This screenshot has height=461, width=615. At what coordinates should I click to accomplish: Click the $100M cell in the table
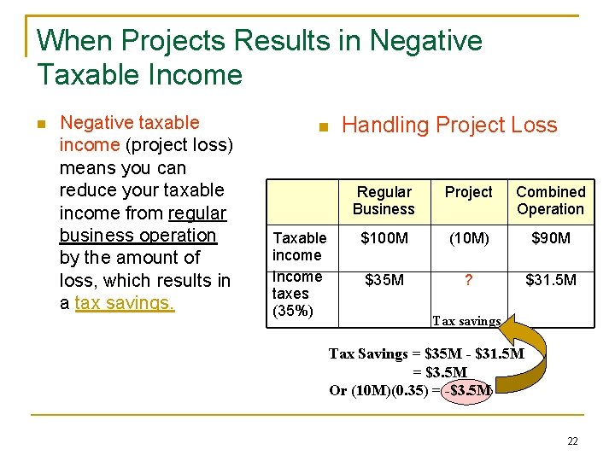click(384, 238)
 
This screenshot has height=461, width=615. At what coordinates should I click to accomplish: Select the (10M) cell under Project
click(469, 238)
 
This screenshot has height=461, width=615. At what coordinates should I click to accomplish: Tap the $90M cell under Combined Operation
click(550, 238)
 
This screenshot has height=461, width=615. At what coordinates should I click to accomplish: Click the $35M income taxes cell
click(384, 279)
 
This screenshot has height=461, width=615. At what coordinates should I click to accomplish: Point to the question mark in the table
click(469, 279)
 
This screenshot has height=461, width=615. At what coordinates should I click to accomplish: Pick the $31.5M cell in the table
click(550, 279)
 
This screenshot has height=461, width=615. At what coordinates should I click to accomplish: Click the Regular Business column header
click(384, 201)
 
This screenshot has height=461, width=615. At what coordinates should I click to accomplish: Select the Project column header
click(469, 192)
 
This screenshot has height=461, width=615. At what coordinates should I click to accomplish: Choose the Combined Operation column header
click(550, 201)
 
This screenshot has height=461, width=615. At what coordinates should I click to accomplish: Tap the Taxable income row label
click(299, 246)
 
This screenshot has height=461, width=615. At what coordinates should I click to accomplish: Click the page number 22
click(572, 441)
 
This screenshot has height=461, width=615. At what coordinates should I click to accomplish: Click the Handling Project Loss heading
click(448, 125)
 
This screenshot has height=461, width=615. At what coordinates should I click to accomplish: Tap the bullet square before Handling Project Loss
click(322, 128)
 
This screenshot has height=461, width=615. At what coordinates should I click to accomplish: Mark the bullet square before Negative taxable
click(40, 125)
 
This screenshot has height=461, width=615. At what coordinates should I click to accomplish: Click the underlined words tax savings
click(125, 303)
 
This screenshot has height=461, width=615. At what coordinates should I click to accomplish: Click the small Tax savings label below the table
click(466, 321)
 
